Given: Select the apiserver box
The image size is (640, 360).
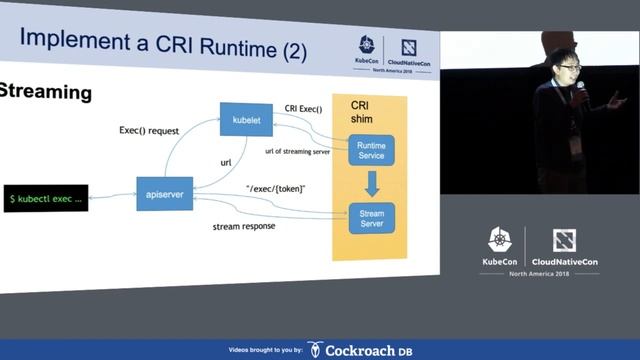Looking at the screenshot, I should (x=163, y=192).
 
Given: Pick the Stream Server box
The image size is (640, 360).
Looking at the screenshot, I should (x=371, y=217).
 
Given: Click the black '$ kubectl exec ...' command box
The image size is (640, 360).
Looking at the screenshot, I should (x=45, y=198).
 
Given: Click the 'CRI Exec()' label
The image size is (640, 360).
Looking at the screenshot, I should (x=304, y=108).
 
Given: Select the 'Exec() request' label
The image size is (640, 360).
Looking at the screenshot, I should (x=149, y=130).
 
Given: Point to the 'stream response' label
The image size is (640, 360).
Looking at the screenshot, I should (x=244, y=227).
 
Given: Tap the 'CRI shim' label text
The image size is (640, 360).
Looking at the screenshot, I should (x=361, y=113).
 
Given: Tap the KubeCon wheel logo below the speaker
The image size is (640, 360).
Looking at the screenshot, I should (x=500, y=240).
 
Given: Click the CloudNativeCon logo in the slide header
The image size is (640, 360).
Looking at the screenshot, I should (x=409, y=48).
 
